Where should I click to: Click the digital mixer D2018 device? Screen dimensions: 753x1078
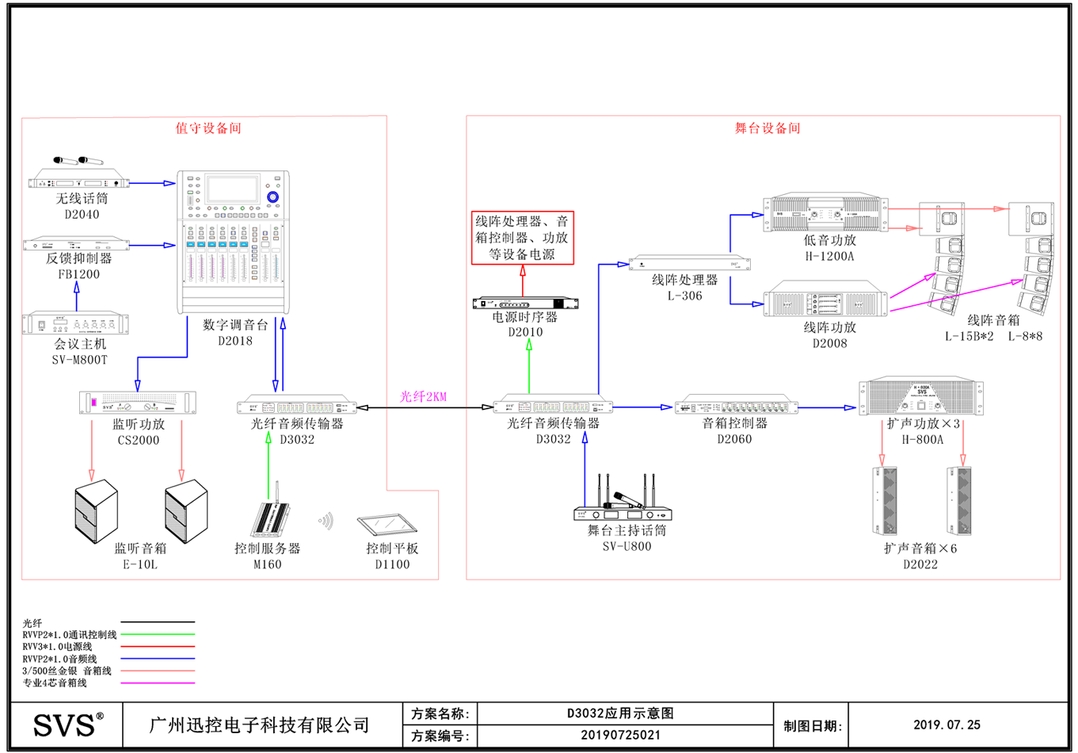click(x=233, y=242)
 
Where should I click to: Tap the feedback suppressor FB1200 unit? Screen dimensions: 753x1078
click(x=77, y=244)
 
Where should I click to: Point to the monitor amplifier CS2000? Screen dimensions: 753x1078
click(x=138, y=403)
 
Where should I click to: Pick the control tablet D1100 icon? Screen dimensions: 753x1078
click(x=387, y=524)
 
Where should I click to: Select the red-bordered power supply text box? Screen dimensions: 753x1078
click(x=522, y=238)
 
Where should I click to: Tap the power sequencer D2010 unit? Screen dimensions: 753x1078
click(x=525, y=303)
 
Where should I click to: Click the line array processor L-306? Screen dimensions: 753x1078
click(x=688, y=263)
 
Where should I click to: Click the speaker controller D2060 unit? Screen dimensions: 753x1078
click(x=736, y=407)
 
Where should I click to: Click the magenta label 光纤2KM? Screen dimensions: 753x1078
click(x=423, y=396)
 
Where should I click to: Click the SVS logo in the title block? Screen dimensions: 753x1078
click(x=67, y=724)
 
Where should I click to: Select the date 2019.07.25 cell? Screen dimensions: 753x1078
click(x=947, y=724)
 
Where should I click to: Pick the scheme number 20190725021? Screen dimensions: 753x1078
click(x=620, y=735)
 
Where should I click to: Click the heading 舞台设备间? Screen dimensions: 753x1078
click(x=767, y=128)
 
